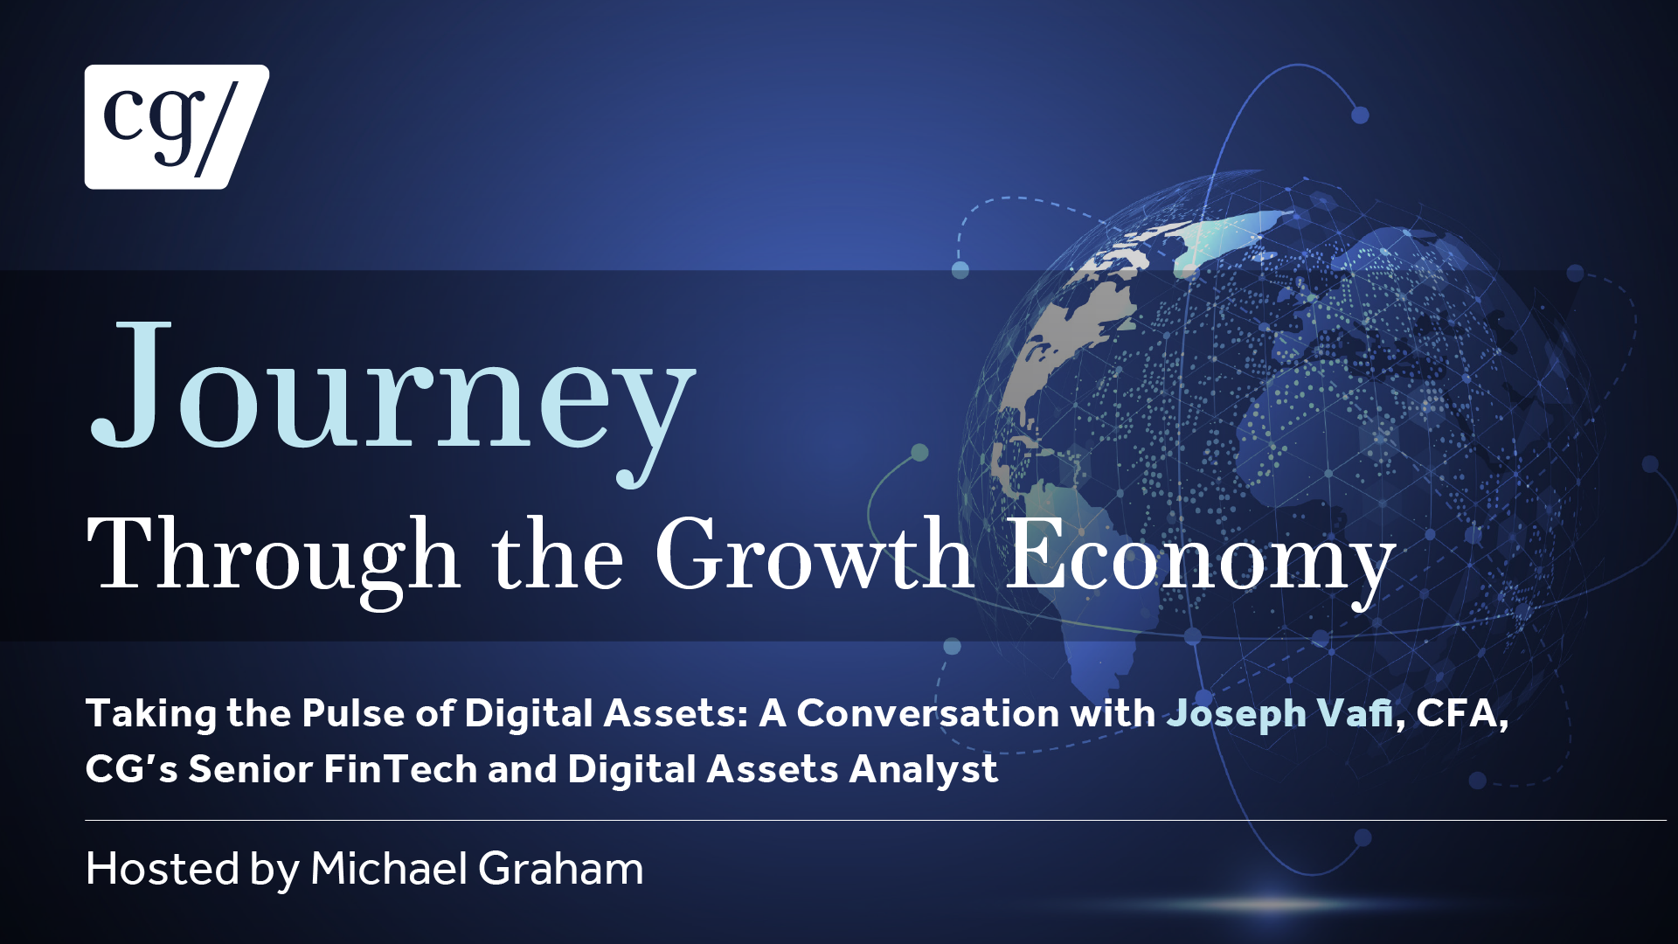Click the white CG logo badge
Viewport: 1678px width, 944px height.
[x=177, y=127]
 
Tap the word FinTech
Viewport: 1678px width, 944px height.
[x=400, y=769]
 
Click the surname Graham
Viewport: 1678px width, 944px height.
[x=561, y=869]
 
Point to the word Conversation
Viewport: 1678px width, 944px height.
[x=928, y=713]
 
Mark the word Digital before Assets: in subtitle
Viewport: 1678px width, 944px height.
[x=530, y=715]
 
